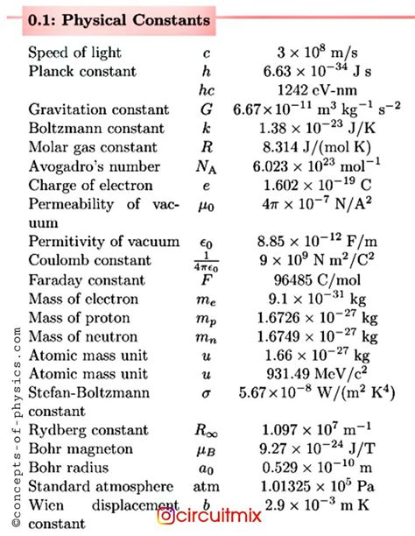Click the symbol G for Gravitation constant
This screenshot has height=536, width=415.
coord(207,110)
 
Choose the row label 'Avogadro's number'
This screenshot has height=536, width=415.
coord(92,166)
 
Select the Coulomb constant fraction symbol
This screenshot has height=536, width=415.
coord(207,262)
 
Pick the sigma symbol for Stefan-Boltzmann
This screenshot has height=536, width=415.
coord(207,394)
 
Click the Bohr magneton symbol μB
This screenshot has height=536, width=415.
coord(207,450)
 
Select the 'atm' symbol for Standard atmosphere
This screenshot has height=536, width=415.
coord(207,488)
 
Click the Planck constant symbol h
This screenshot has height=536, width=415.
coord(207,72)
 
